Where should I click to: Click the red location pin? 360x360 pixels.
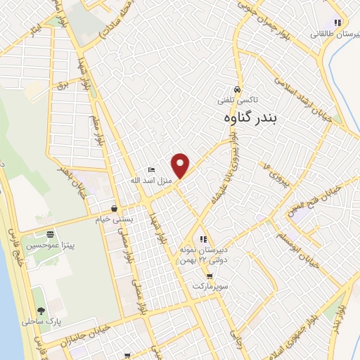(x=181, y=165)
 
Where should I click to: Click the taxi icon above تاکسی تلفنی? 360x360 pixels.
(x=238, y=90)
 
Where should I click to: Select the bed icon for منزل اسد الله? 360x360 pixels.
(x=150, y=170)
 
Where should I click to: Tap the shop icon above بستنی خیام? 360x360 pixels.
(x=114, y=208)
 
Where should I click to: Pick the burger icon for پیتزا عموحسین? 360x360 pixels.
(x=49, y=235)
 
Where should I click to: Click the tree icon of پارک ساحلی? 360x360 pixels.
(x=40, y=310)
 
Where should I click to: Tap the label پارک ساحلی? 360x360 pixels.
(x=45, y=321)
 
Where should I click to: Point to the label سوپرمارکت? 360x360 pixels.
(x=213, y=287)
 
